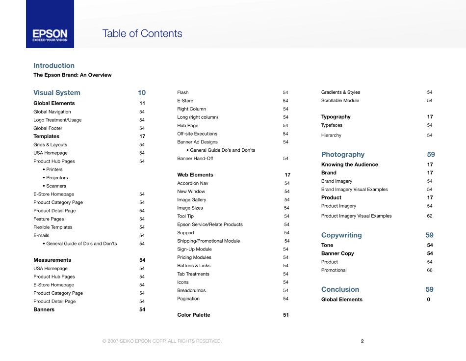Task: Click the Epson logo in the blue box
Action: click(50, 35)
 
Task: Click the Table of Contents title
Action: click(142, 33)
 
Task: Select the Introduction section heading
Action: click(54, 65)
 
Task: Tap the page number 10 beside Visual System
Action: click(142, 92)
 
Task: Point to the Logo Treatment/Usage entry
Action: click(57, 120)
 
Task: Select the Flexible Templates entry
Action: click(53, 227)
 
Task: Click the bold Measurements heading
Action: click(52, 260)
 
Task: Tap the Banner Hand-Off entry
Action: click(195, 159)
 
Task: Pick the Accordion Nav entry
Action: click(193, 183)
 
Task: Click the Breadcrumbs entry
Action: click(192, 290)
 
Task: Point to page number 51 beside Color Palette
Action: click(285, 315)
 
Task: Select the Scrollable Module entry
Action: click(340, 101)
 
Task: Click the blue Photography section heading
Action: click(343, 154)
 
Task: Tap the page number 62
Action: click(430, 216)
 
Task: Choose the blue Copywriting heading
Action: click(341, 235)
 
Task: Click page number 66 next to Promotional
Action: click(430, 270)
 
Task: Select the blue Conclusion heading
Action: click(340, 289)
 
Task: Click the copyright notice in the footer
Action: click(162, 341)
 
